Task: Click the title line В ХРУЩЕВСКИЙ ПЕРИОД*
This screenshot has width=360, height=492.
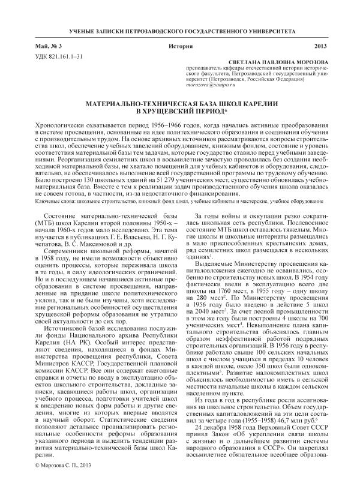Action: (x=179, y=112)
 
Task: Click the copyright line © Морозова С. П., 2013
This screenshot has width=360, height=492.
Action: (x=63, y=481)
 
